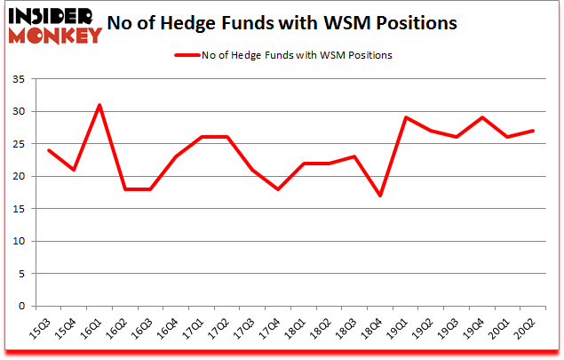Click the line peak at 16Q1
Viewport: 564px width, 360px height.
pos(100,105)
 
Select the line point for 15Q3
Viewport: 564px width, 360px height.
pos(49,150)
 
